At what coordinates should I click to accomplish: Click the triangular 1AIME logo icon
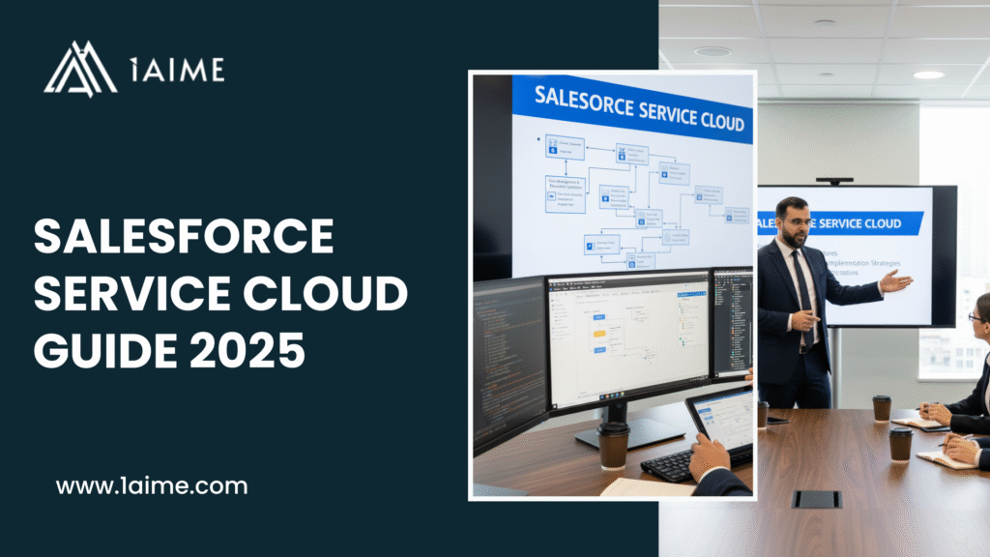80,70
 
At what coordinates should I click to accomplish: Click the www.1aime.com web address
152,485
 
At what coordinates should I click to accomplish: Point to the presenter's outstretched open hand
895,281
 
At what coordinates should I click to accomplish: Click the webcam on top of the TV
834,181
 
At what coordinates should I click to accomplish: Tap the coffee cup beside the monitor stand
614,445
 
